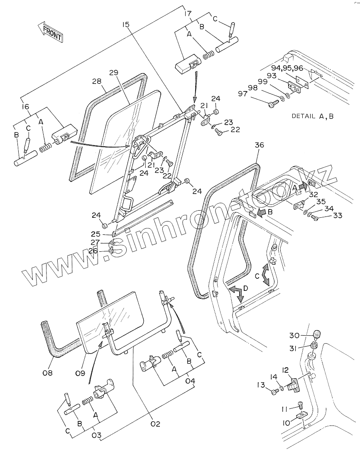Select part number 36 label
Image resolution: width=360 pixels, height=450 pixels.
[x=260, y=146]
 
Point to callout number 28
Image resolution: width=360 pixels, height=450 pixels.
[x=97, y=81]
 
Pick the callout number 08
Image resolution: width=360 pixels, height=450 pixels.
[x=47, y=373]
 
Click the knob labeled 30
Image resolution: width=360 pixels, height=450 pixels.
[x=317, y=334]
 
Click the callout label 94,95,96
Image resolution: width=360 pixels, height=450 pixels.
[x=287, y=69]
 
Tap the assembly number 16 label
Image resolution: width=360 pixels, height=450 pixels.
[x=25, y=107]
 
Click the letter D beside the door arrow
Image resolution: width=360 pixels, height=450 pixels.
[x=246, y=288]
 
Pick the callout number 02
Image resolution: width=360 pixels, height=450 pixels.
[x=155, y=424]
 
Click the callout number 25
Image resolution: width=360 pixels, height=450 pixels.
[x=96, y=234]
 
